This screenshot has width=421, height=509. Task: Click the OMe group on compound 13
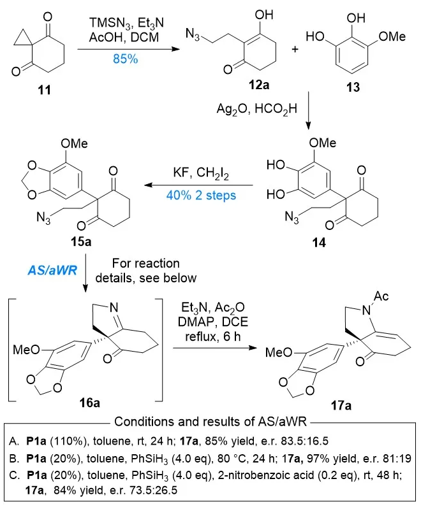click(391, 36)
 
